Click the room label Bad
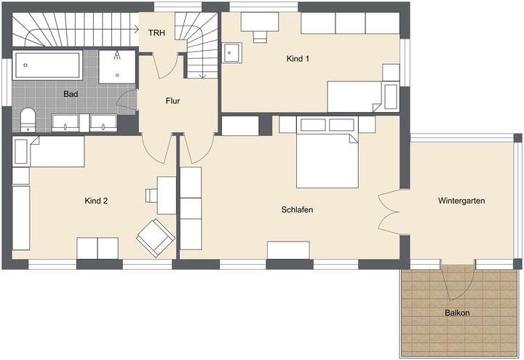click(x=71, y=94)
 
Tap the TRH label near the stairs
click(x=156, y=33)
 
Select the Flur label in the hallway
click(x=172, y=101)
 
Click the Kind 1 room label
click(x=298, y=59)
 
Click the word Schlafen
click(x=297, y=209)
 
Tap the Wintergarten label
click(x=461, y=200)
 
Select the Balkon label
click(x=457, y=313)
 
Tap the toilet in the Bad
click(x=28, y=119)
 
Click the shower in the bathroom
click(x=116, y=65)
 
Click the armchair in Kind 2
click(x=156, y=237)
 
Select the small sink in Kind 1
click(x=234, y=53)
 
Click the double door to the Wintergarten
click(x=387, y=213)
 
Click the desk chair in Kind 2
click(x=151, y=195)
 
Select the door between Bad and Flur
click(x=130, y=103)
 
